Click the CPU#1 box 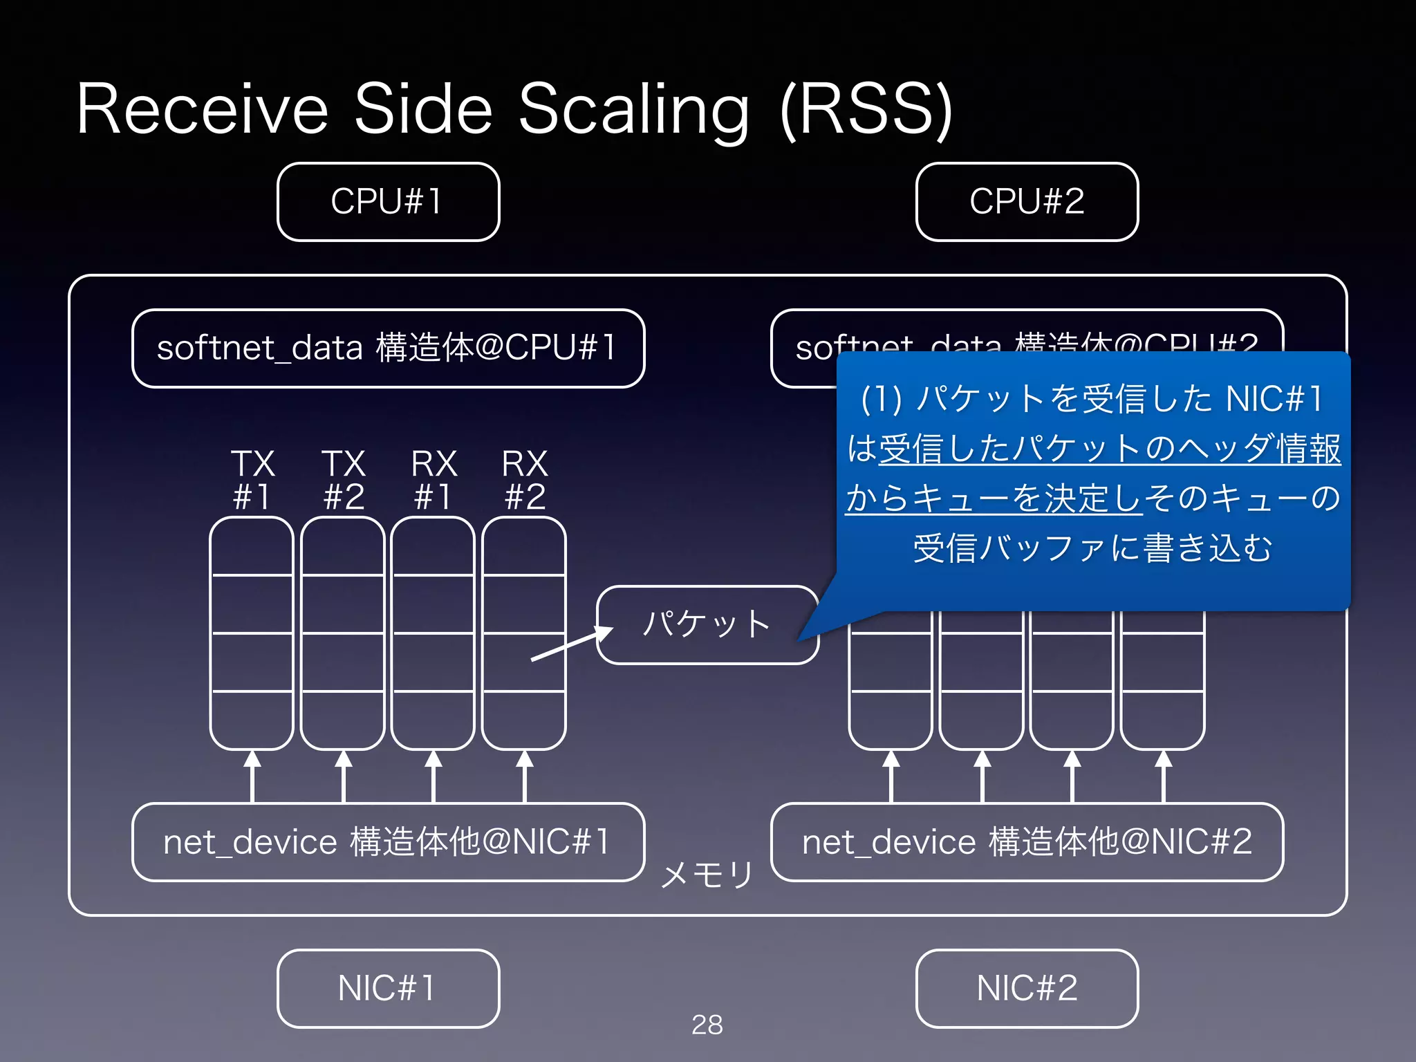coord(388,202)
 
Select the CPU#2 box coord(1027,202)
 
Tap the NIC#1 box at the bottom coord(388,988)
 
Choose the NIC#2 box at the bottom coord(1027,988)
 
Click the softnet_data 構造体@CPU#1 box coord(388,348)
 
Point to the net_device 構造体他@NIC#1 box coord(388,842)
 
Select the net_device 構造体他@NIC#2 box coord(1027,842)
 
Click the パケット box coord(707,624)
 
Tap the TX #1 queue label coord(252,480)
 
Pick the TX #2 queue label coord(344,480)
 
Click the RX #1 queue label coord(434,480)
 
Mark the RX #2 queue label coord(525,480)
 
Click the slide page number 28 coord(707,1025)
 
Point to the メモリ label coord(707,875)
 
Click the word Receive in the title coord(202,109)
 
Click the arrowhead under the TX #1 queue coord(252,759)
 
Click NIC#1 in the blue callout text coord(1274,399)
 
